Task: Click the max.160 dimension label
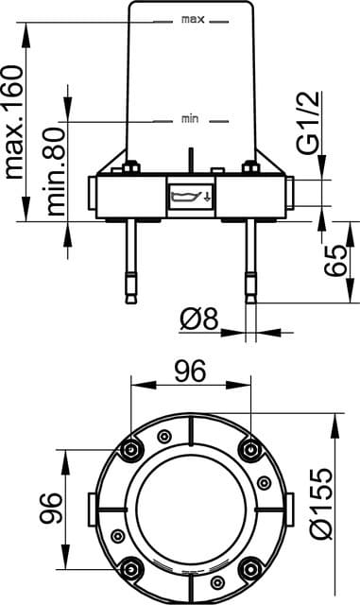[x=14, y=123]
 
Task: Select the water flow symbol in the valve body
[x=189, y=198]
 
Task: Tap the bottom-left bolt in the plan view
[x=131, y=567]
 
